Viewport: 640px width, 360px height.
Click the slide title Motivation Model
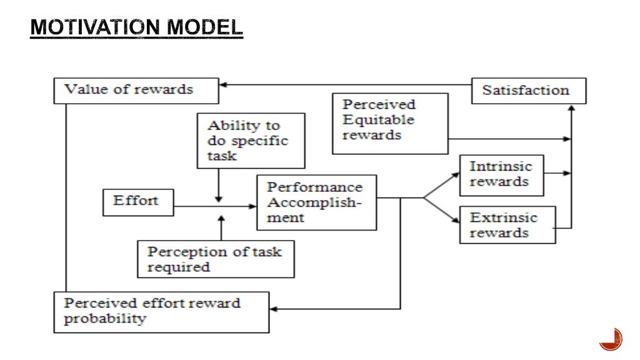coord(136,27)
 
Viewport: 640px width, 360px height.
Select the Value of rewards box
coord(136,90)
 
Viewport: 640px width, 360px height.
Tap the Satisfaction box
coord(528,91)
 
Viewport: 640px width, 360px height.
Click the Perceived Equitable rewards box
coord(390,123)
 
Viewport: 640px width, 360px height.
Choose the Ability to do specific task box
coord(251,141)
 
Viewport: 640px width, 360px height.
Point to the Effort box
coord(138,201)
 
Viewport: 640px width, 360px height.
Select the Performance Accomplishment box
coord(316,202)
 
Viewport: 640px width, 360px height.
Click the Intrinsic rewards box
coord(501,174)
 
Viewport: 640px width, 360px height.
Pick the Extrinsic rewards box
coord(507,225)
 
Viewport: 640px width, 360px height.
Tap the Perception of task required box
coord(216,259)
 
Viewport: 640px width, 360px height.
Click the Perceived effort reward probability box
coord(161,311)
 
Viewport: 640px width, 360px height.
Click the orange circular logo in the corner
coord(610,340)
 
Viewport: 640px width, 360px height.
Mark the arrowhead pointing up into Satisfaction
coord(571,109)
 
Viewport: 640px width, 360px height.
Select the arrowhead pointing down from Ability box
coord(217,197)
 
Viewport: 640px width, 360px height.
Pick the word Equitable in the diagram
coord(378,119)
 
